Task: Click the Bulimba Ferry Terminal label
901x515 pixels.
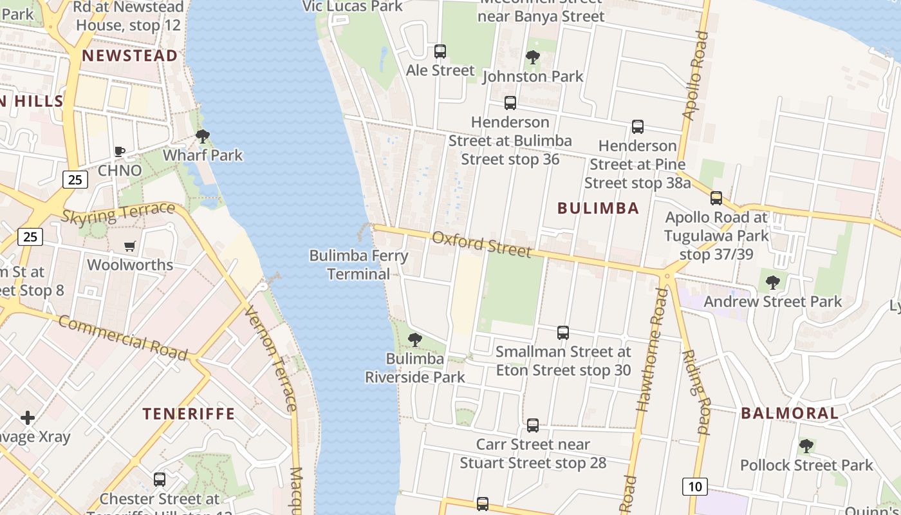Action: pos(358,265)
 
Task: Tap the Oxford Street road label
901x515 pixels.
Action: pos(482,245)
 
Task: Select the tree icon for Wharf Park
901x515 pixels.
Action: pos(203,136)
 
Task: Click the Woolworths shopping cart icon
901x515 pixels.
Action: pos(130,246)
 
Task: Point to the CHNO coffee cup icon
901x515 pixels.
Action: pos(119,151)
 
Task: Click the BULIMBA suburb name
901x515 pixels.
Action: pos(599,208)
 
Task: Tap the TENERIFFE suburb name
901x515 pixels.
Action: pos(189,413)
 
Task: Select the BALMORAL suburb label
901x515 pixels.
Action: pos(790,413)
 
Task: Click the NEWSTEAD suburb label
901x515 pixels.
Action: pos(129,55)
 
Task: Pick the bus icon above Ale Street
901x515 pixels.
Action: pos(440,51)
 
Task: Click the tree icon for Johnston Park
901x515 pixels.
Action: pos(532,57)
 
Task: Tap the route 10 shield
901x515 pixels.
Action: pos(695,486)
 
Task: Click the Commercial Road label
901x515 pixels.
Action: pos(123,337)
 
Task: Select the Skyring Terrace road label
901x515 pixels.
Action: pos(118,213)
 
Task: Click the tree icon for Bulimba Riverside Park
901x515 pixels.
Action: pos(415,339)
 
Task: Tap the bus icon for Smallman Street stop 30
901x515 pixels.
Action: pos(563,333)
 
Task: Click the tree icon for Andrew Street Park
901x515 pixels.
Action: pos(773,282)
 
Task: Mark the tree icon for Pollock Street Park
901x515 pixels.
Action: pos(806,445)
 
